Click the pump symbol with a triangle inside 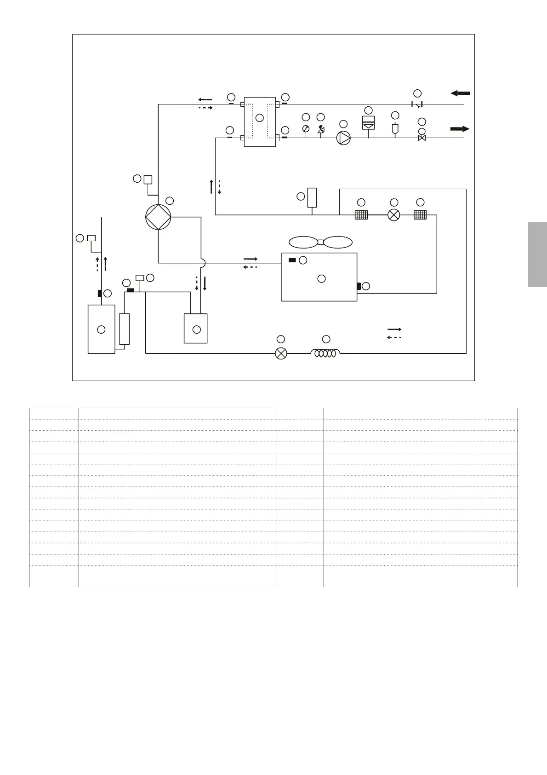tap(343, 138)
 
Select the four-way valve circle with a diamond tap(158, 218)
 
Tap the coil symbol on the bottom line tap(326, 353)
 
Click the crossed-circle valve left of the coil tap(280, 353)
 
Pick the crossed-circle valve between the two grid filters tap(394, 215)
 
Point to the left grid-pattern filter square tap(361, 215)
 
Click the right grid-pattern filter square tap(420, 215)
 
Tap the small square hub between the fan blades tap(320, 242)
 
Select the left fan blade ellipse tap(303, 242)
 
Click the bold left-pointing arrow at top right tap(460, 93)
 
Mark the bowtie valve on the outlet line tap(422, 138)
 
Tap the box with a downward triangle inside tap(369, 123)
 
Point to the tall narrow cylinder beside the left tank tap(124, 329)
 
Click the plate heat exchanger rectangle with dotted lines tap(260, 121)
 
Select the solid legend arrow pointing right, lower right tap(394, 329)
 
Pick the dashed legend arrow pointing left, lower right tap(394, 337)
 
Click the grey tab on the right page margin tap(537, 254)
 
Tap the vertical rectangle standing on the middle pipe tap(312, 197)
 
